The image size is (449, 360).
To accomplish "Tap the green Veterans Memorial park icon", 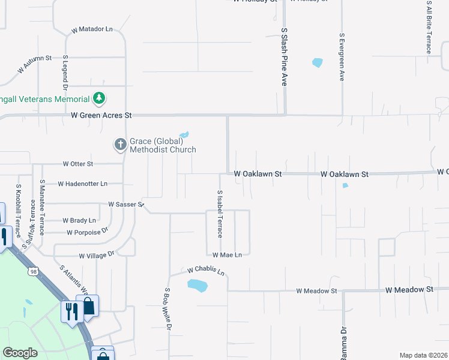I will click(x=99, y=98).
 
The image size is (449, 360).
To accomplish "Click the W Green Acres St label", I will click(x=101, y=115).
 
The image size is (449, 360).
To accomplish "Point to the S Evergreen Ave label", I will click(x=342, y=57).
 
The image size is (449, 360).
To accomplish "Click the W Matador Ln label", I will click(x=92, y=29).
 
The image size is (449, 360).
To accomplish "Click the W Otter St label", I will click(x=78, y=164).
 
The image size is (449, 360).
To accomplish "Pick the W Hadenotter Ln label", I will click(x=83, y=184).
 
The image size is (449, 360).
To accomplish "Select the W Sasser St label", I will click(x=126, y=204).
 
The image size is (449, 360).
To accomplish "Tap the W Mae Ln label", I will click(x=226, y=255).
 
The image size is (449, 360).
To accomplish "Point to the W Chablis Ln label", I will click(x=205, y=271).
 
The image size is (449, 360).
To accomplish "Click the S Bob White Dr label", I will click(x=168, y=309).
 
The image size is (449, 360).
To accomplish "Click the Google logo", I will click(x=20, y=353).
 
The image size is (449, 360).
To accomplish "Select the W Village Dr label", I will click(x=87, y=255).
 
